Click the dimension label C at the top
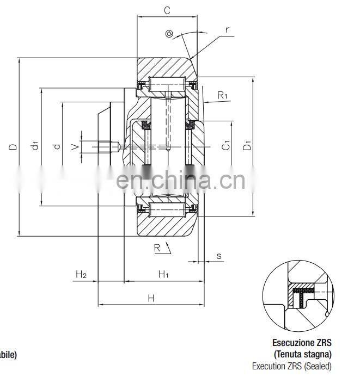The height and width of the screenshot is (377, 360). (x=167, y=9)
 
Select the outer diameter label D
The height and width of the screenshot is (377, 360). (x=13, y=146)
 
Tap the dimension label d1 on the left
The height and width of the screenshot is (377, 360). (x=34, y=146)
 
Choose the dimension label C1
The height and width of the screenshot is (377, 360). (x=225, y=145)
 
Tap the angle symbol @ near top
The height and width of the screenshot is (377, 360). (x=169, y=34)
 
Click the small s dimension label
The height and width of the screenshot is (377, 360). (x=218, y=255)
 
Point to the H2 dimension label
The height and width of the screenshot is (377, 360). (x=81, y=275)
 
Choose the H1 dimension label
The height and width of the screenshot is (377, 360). (x=163, y=275)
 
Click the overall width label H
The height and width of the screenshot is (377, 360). (x=151, y=298)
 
